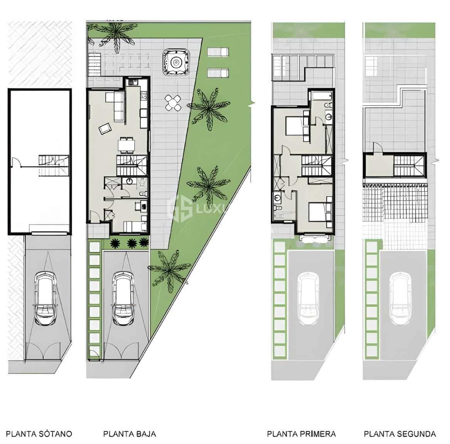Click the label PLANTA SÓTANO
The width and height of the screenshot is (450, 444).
[39, 434]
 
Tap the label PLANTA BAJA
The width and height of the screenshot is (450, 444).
[130, 434]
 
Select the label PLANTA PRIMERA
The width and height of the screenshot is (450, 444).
[301, 434]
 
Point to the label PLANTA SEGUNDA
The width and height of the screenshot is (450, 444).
[400, 434]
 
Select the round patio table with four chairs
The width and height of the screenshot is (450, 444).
[174, 103]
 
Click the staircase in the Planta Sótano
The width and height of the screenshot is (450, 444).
[54, 165]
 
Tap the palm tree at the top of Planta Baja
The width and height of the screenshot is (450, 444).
[115, 34]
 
